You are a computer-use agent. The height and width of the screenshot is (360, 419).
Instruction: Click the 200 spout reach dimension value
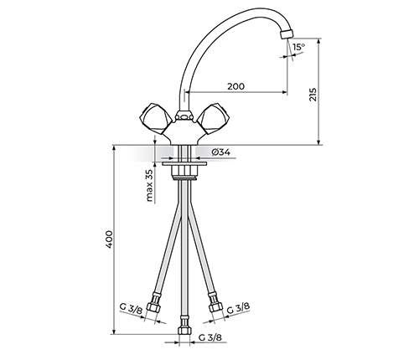click(x=235, y=86)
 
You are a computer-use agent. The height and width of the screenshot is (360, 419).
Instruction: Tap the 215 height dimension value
click(x=313, y=95)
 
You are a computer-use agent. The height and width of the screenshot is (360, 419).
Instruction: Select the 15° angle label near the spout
click(x=299, y=47)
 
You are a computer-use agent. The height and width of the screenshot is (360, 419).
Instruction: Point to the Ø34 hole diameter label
click(x=220, y=152)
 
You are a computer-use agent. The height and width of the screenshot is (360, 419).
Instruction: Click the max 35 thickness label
click(x=149, y=185)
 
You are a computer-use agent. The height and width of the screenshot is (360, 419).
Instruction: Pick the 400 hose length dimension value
click(x=109, y=239)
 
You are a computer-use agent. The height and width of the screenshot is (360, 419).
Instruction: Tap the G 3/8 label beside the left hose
click(x=131, y=308)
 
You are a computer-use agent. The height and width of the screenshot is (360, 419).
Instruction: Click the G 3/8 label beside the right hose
click(x=238, y=308)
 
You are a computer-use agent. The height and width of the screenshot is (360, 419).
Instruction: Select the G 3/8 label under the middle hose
click(x=210, y=337)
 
